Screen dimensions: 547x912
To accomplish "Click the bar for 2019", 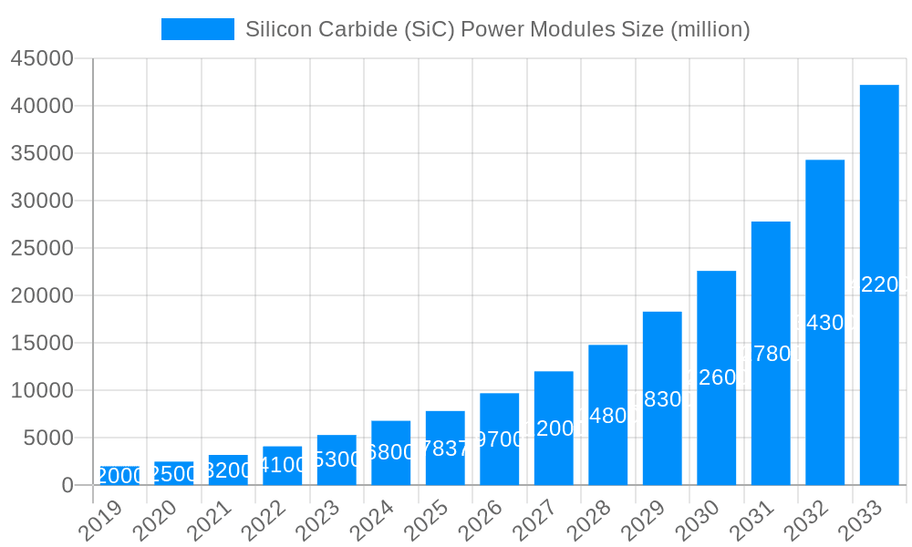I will (x=119, y=476).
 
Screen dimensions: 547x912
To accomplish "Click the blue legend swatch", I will (x=198, y=29).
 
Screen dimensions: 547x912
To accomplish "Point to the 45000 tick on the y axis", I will (x=42, y=58).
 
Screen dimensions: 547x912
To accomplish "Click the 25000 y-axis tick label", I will (x=42, y=248).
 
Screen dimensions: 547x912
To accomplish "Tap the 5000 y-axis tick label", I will (x=48, y=438).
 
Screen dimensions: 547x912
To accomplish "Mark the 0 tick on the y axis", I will (x=67, y=485).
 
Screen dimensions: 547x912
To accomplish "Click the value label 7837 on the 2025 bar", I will (x=445, y=449).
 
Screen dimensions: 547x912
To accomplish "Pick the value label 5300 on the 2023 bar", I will (x=337, y=459).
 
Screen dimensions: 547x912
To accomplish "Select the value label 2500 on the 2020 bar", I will (x=173, y=474).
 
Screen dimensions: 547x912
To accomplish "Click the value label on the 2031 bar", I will (x=771, y=354).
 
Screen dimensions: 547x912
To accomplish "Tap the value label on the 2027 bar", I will (x=554, y=428).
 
